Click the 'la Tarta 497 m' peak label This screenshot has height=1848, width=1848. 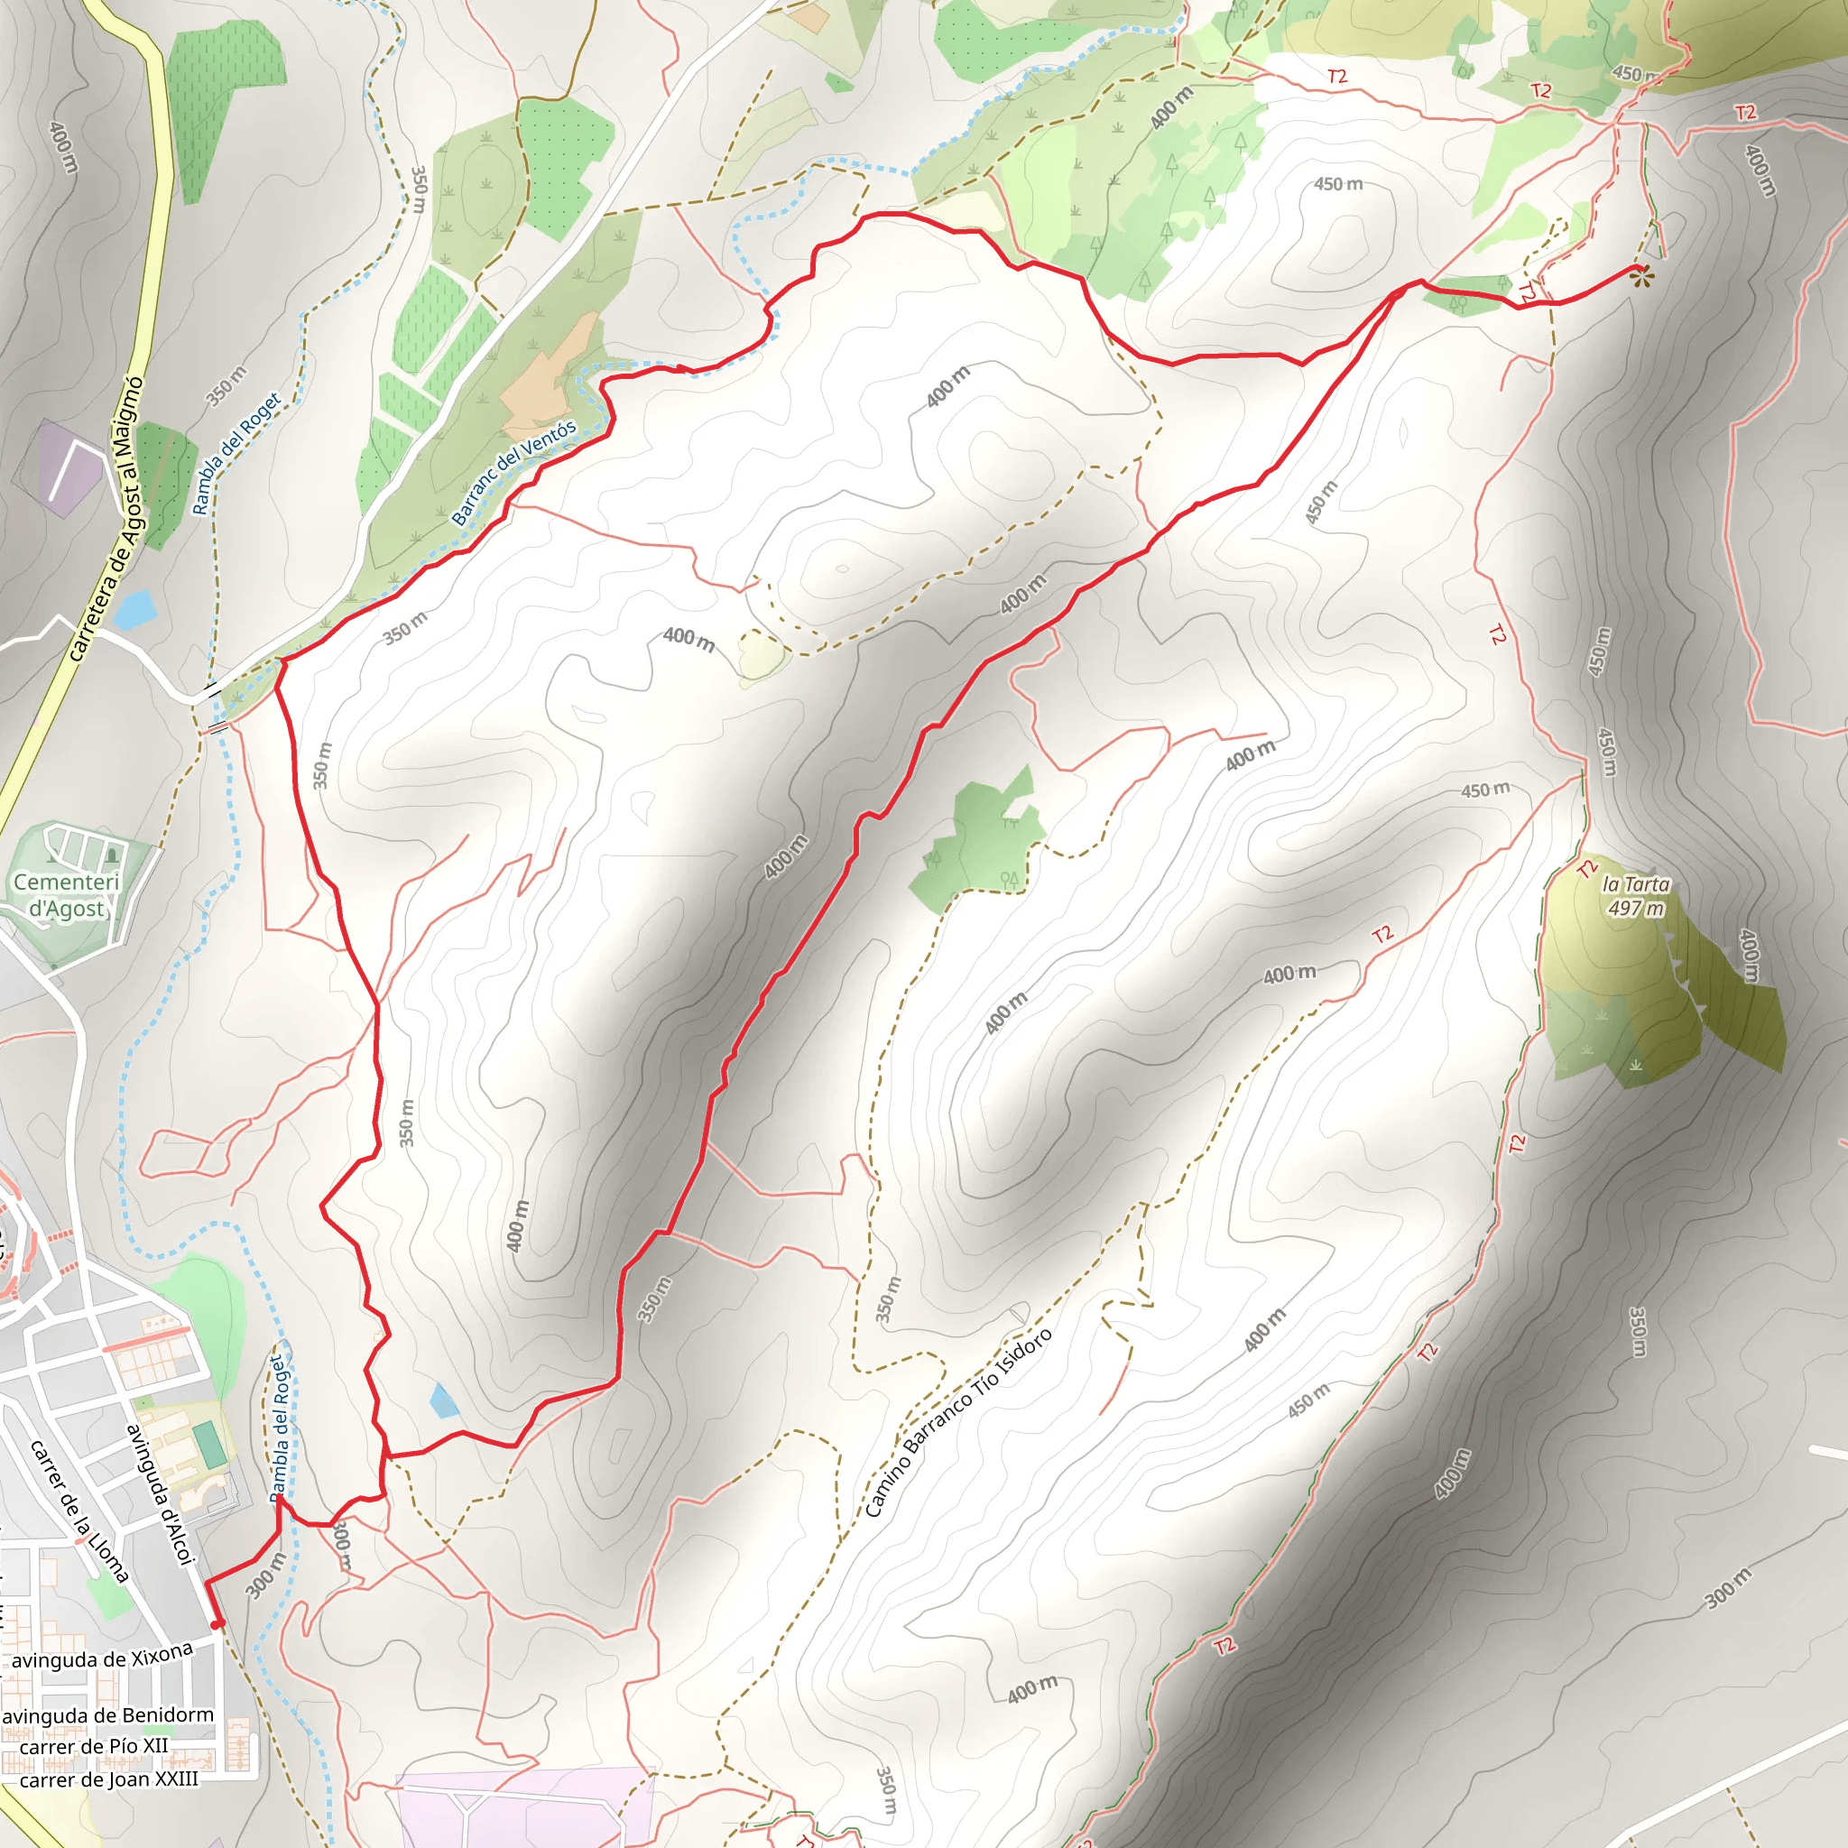click(1636, 896)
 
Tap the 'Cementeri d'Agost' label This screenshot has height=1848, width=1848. click(66, 895)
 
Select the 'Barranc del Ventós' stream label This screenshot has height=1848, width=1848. click(513, 473)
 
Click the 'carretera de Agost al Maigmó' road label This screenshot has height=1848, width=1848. click(106, 520)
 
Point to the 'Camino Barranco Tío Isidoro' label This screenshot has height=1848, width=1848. click(957, 1422)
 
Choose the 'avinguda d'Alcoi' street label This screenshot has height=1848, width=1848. click(161, 1495)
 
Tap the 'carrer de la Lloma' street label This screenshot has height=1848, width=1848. click(79, 1511)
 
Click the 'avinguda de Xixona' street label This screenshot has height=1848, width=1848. click(102, 1657)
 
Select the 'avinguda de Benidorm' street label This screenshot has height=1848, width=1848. click(107, 1716)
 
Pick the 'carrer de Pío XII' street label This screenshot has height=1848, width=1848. click(94, 1747)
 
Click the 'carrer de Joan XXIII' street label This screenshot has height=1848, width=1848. click(109, 1779)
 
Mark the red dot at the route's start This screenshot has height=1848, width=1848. click(217, 1623)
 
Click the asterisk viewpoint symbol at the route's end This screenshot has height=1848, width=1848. click(1642, 277)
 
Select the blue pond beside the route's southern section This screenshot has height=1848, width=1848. click(443, 1400)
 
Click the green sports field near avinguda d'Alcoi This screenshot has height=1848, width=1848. click(209, 1445)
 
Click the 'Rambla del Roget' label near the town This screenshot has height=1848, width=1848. click(278, 1428)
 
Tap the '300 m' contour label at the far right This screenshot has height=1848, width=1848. click(1728, 1588)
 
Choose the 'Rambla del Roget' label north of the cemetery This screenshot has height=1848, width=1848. click(236, 452)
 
